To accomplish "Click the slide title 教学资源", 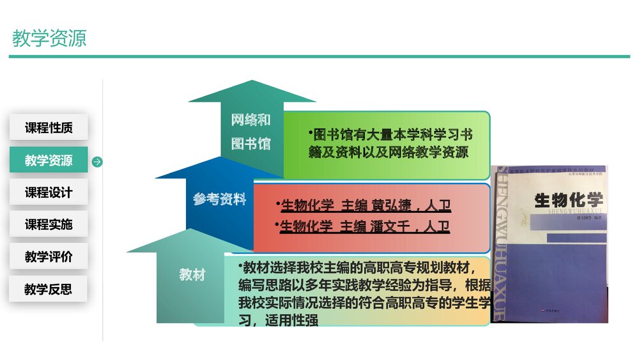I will pyautogui.click(x=49, y=38).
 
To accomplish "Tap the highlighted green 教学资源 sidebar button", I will pyautogui.click(x=49, y=160).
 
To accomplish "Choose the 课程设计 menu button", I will pyautogui.click(x=49, y=192).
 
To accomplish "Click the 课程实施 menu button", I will pyautogui.click(x=49, y=224).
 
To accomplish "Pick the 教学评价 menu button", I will pyautogui.click(x=49, y=257).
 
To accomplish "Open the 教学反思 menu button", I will pyautogui.click(x=49, y=289).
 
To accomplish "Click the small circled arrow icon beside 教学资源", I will pyautogui.click(x=97, y=161).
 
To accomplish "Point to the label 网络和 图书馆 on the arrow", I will pyautogui.click(x=250, y=132).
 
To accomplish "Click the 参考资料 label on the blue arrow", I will pyautogui.click(x=220, y=200).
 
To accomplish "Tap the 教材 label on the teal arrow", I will pyautogui.click(x=192, y=275).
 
